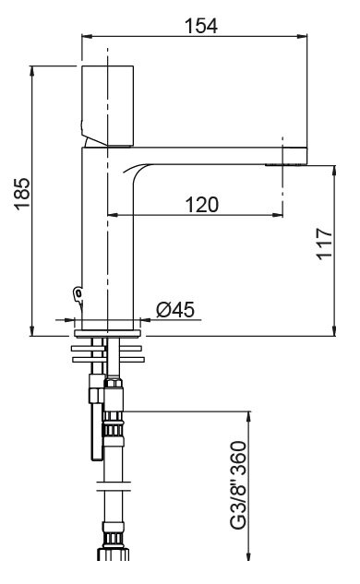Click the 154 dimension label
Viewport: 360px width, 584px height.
pos(201,26)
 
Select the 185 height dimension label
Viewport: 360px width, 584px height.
pos(22,194)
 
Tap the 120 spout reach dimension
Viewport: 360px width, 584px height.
pos(202,205)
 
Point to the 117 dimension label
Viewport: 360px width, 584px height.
pos(324,244)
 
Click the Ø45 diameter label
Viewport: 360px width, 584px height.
pos(175,309)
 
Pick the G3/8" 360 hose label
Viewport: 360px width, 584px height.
pos(238,484)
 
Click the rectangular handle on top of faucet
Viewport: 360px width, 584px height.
pos(107,106)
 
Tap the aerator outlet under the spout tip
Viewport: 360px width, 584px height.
pos(284,164)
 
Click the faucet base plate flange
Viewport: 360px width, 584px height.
pos(107,333)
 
